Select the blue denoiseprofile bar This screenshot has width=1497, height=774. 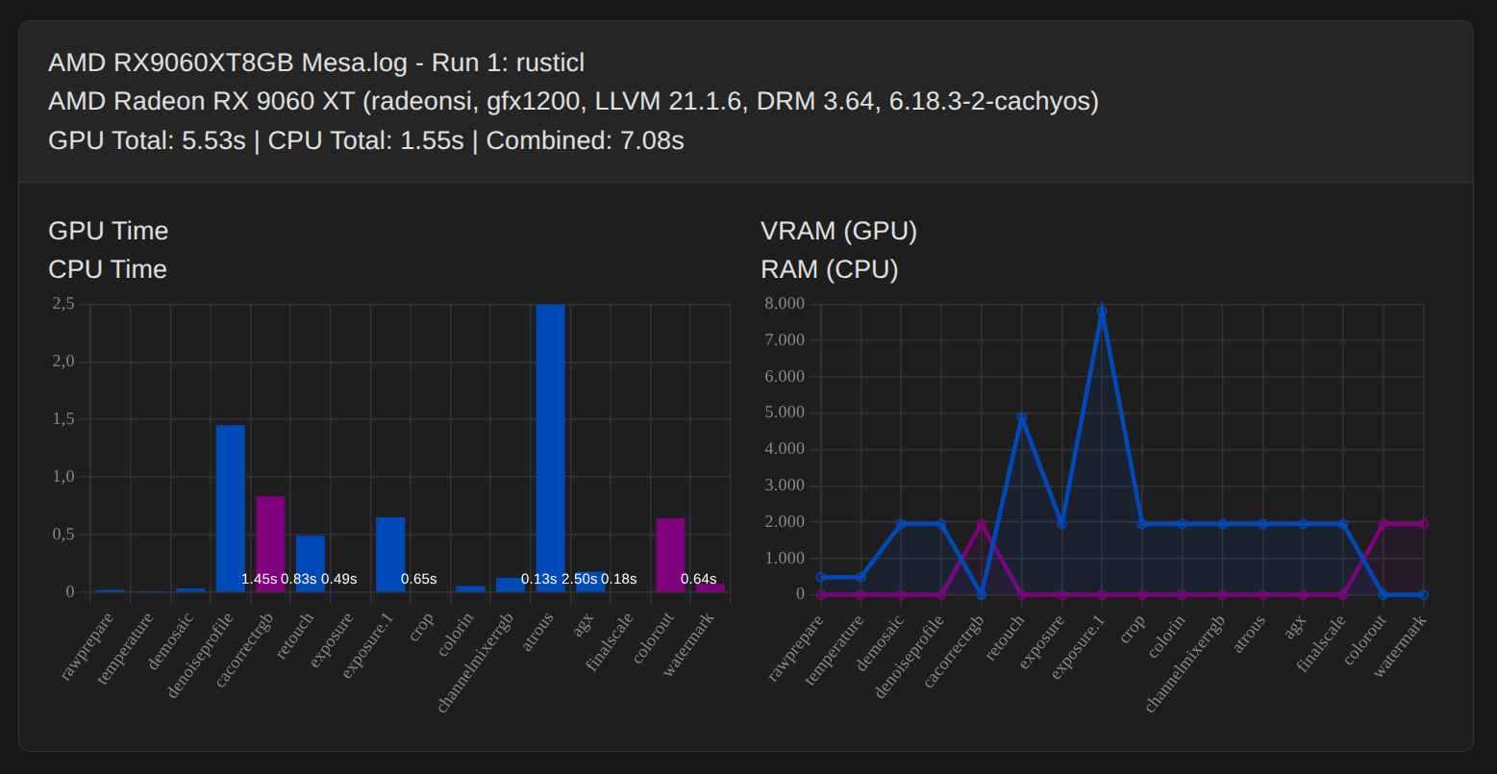tap(231, 500)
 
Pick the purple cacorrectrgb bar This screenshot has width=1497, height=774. tap(270, 538)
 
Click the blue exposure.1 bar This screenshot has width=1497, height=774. tap(390, 548)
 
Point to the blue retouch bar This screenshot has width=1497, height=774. tap(311, 558)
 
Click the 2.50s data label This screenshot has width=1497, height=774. tap(580, 579)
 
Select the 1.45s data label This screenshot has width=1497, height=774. tap(260, 579)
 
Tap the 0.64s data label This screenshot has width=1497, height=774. tap(698, 579)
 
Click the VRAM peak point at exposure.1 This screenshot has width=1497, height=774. tap(1102, 312)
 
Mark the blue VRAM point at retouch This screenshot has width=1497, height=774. tap(1021, 418)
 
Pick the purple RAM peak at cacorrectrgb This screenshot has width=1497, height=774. tap(981, 524)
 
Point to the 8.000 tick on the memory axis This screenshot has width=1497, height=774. tap(785, 304)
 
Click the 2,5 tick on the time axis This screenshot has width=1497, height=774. tap(63, 304)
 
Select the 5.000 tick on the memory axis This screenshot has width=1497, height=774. tap(785, 412)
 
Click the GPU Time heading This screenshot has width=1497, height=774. tap(109, 231)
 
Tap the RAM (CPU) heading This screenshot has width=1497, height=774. tap(829, 269)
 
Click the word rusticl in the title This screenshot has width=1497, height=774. tap(550, 63)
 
